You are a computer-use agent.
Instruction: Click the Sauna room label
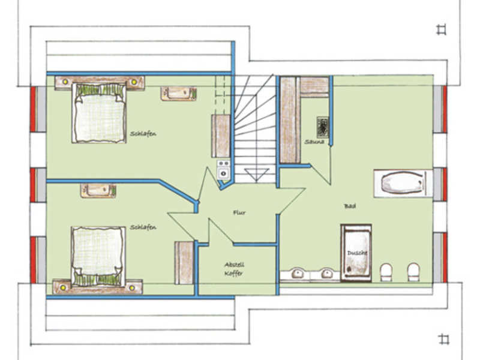314,142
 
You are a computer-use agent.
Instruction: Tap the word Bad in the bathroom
350,206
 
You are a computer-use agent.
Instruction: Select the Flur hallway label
239,212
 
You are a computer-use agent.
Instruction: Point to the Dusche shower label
357,253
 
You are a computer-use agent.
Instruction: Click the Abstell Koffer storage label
234,269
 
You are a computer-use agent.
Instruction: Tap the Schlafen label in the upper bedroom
143,134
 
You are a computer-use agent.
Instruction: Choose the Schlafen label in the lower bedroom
143,227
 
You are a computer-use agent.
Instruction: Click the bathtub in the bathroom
403,183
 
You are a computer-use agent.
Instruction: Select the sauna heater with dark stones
322,127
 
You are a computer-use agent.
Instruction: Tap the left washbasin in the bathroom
297,274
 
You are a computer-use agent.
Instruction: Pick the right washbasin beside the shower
327,274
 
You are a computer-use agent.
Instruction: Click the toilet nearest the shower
386,272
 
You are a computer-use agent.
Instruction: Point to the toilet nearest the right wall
413,272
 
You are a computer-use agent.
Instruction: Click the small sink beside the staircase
223,169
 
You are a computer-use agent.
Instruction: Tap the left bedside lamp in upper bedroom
65,82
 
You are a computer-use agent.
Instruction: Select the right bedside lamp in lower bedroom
132,288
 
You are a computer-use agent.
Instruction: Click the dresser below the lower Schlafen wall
98,191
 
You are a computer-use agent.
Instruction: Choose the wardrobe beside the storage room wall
184,263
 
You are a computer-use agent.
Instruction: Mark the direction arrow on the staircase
257,175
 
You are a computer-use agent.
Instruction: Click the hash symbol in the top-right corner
442,29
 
